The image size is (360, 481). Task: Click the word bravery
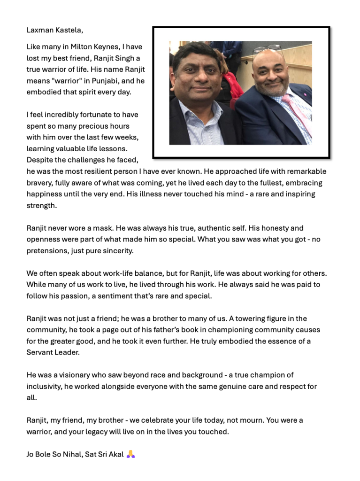click(40, 183)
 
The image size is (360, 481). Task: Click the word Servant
click(40, 352)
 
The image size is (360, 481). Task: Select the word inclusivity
click(46, 386)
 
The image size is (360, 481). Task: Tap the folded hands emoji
click(130, 454)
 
